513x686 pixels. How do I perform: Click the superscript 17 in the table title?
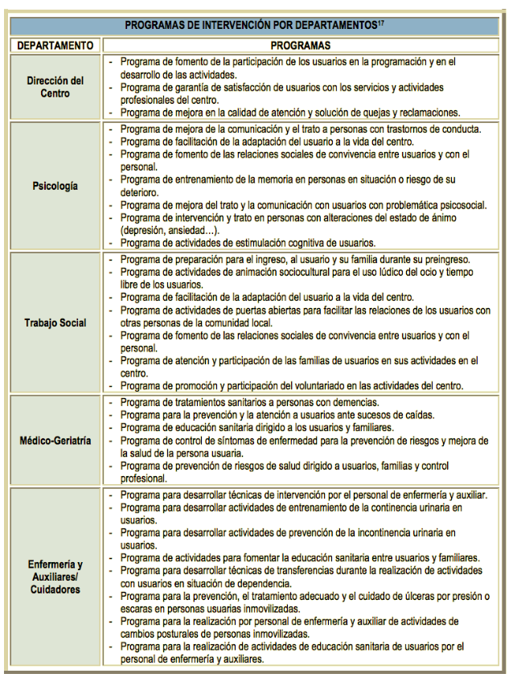(x=381, y=23)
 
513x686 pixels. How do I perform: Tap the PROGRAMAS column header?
(x=300, y=46)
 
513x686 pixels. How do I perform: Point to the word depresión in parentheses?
(x=144, y=230)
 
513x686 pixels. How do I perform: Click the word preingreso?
(x=444, y=259)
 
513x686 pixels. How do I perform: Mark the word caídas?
(x=417, y=415)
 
